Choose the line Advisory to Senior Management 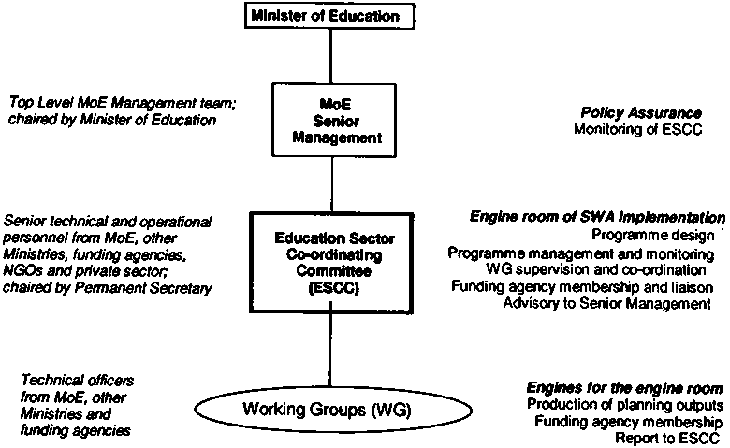[x=607, y=303]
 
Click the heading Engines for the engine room [x=624, y=387]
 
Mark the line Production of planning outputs [x=624, y=404]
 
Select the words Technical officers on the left [x=77, y=381]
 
